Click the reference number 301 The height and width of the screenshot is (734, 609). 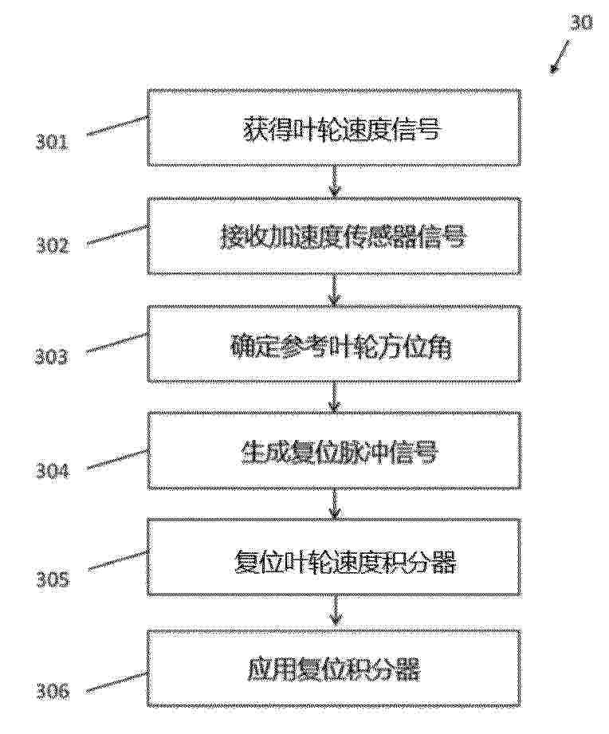click(52, 142)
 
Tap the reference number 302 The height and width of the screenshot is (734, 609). click(52, 245)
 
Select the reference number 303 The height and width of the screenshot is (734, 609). click(52, 357)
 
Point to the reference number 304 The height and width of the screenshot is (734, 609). click(52, 470)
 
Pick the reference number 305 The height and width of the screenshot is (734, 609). click(53, 579)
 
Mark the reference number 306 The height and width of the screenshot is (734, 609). click(53, 691)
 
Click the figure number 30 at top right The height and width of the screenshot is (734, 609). click(581, 22)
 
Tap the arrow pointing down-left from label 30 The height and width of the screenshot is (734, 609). click(560, 57)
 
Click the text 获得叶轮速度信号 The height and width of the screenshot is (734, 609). click(342, 129)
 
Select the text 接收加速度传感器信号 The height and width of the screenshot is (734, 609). click(343, 237)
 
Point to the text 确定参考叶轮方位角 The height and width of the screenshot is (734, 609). click(341, 347)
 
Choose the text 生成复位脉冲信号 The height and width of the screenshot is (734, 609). click(340, 453)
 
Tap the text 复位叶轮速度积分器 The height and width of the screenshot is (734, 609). click(345, 561)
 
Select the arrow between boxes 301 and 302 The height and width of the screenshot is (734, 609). click(334, 181)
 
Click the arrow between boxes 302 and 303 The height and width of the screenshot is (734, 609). click(334, 290)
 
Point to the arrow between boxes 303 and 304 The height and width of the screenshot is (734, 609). click(334, 397)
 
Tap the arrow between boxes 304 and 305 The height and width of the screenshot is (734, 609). click(334, 504)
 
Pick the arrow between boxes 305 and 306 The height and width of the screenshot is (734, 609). click(335, 611)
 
